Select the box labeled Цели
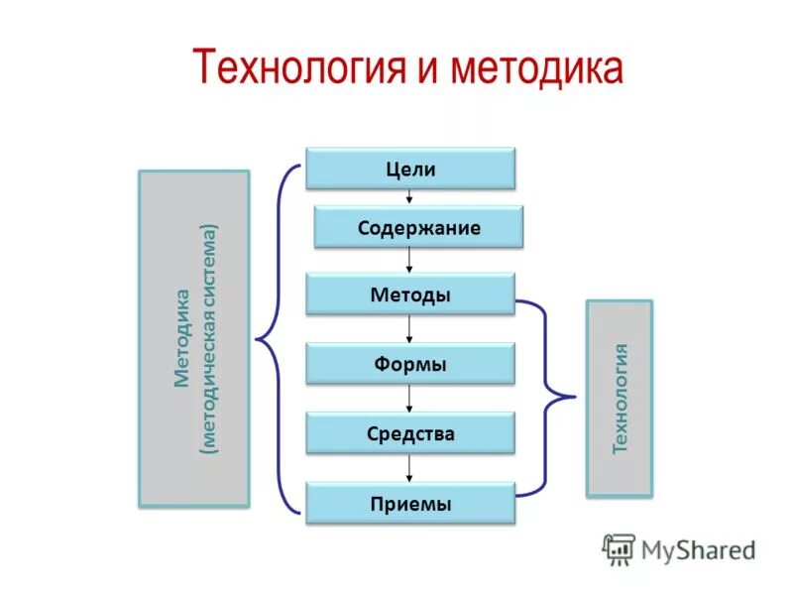[410, 169]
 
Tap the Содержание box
[418, 228]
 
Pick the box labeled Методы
[410, 296]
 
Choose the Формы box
[410, 364]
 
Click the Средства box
[410, 433]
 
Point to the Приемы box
[410, 503]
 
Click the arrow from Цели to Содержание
[410, 198]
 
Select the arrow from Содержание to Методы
[410, 262]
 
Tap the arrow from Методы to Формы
[410, 330]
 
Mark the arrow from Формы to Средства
[410, 399]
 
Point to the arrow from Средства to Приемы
[410, 468]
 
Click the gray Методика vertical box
[193, 338]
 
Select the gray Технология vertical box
[620, 398]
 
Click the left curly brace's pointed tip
[258, 340]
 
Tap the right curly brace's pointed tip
[574, 398]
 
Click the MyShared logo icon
[619, 548]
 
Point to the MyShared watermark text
[698, 549]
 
